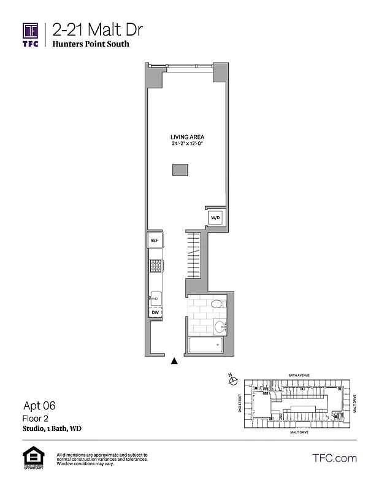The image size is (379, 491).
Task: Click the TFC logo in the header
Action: (31, 34)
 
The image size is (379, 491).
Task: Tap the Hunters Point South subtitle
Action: (90, 44)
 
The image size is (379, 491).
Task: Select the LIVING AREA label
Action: (187, 137)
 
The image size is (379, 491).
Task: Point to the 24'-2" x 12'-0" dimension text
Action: (187, 144)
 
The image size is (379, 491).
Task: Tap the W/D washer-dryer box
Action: (215, 218)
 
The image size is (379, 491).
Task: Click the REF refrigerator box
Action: (155, 241)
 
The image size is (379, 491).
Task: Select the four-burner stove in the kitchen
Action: (156, 266)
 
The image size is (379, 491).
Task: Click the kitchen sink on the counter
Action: (156, 298)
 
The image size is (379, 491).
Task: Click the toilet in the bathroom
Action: (216, 303)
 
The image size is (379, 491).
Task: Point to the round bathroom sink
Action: (220, 325)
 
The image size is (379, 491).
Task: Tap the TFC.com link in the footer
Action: (335, 458)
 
